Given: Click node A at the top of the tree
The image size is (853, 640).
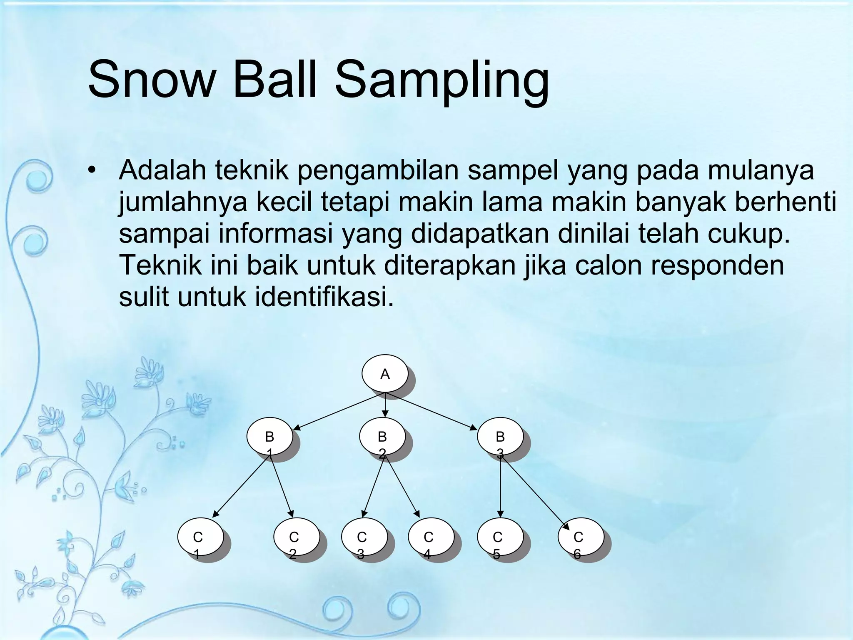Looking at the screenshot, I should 385,374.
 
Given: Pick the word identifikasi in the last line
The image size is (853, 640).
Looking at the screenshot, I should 324,297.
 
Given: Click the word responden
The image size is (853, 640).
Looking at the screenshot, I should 717,265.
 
